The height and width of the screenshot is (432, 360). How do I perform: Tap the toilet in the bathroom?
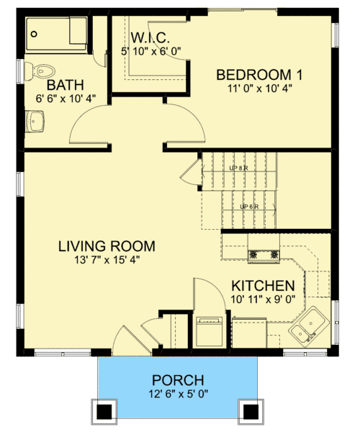[43, 71]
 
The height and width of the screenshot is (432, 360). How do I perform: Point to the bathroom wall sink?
[34, 122]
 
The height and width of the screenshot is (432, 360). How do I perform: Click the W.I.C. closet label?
[150, 37]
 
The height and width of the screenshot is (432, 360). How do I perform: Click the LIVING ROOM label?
[107, 246]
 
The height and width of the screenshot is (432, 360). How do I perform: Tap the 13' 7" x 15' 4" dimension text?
[107, 261]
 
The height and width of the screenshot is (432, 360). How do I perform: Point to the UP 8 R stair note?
[239, 168]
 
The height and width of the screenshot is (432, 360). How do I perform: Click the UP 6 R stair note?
[249, 207]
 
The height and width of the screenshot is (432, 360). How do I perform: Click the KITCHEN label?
[263, 285]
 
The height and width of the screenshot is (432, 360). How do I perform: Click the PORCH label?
[178, 380]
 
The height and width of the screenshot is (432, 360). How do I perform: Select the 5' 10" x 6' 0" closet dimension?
[150, 50]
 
